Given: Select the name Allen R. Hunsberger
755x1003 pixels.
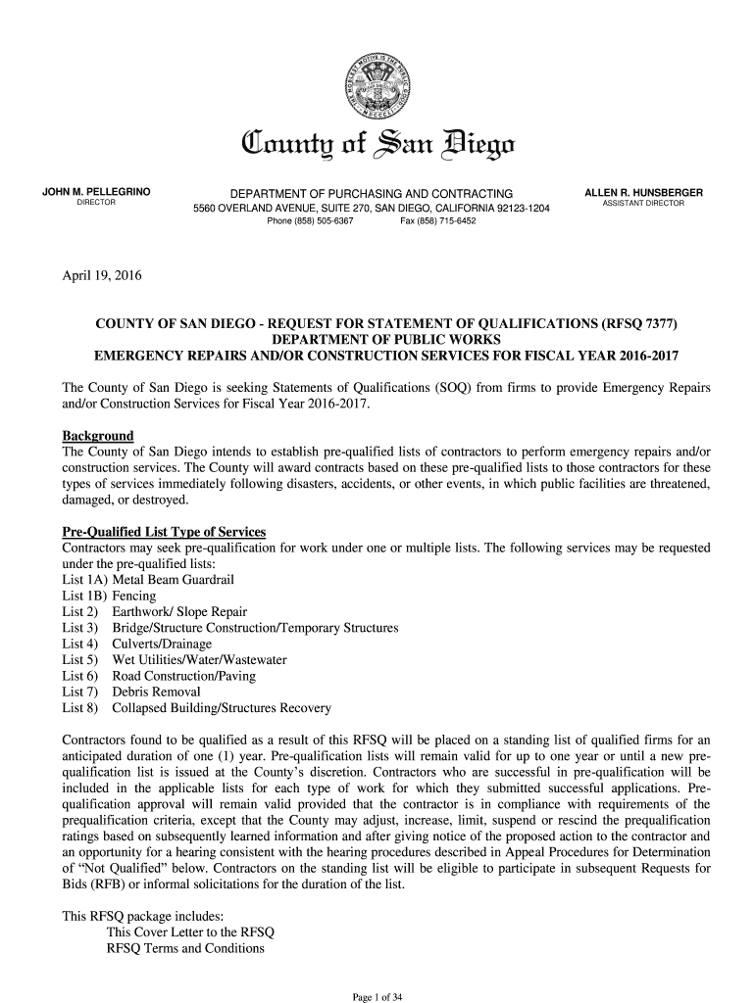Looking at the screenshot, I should (x=643, y=191).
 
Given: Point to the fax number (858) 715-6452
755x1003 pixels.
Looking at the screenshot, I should (x=438, y=221).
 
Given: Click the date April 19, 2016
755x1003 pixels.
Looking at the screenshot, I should (x=102, y=275).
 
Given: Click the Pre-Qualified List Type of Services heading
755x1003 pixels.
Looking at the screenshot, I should (x=164, y=532).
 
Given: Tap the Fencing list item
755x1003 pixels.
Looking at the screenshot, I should (x=135, y=596).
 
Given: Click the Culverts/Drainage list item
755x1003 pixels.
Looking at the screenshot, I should (x=162, y=644).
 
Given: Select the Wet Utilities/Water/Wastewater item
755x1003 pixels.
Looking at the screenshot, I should (x=199, y=660).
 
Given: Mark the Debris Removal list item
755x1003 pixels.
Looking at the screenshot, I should (x=156, y=693).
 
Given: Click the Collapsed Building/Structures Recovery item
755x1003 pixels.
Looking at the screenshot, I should (x=222, y=708).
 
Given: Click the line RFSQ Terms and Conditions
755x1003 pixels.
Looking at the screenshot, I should (x=185, y=948).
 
